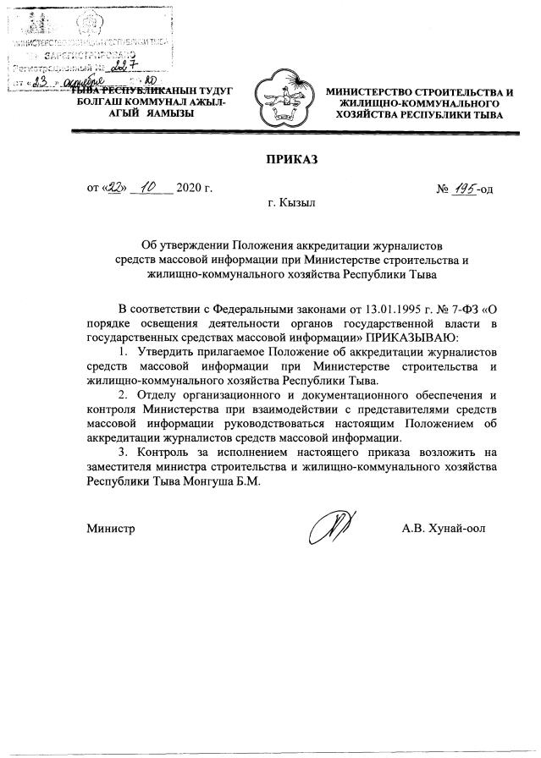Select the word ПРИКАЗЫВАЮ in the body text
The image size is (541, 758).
click(x=406, y=336)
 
